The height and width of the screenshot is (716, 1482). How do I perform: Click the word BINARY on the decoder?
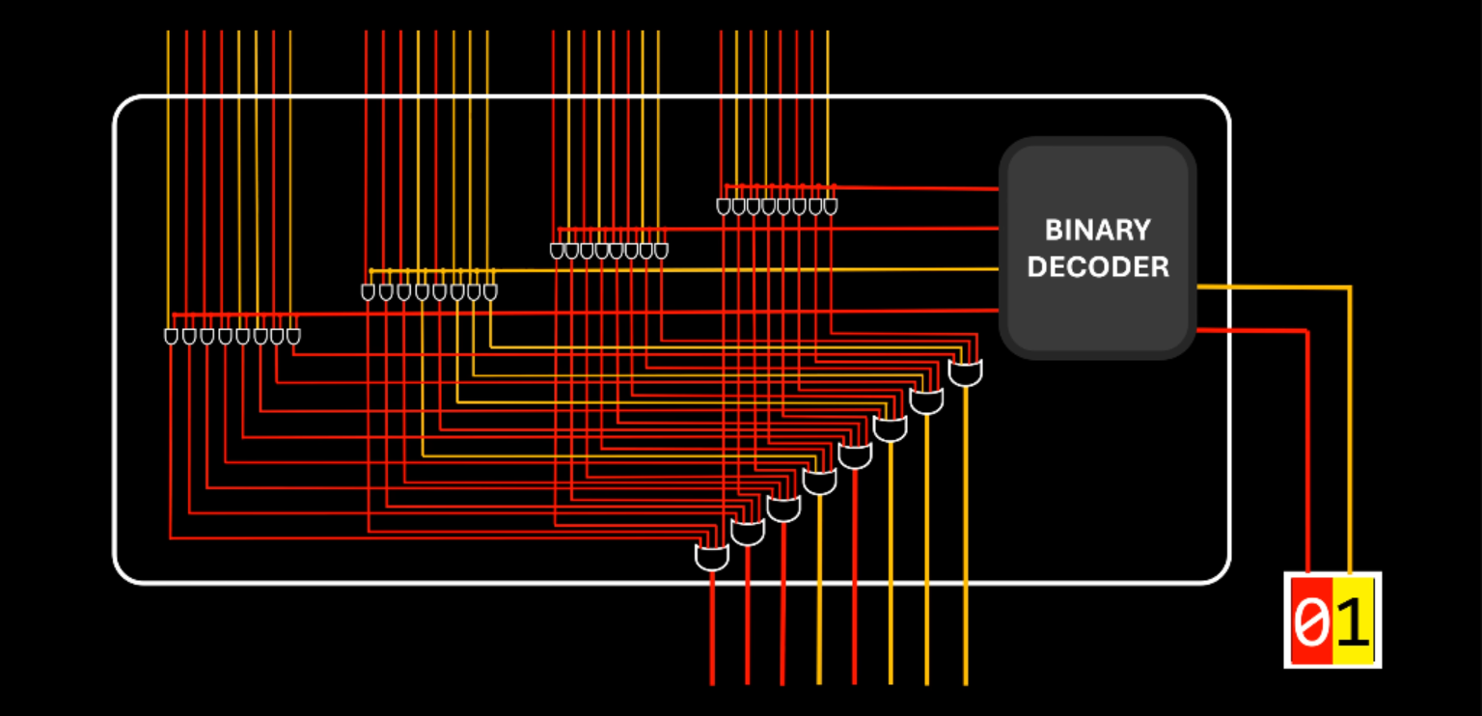[1097, 230]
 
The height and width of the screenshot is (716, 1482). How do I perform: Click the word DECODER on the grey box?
[1097, 266]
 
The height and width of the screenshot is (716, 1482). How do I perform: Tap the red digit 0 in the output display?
[1309, 622]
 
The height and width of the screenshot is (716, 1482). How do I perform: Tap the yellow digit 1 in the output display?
[1353, 622]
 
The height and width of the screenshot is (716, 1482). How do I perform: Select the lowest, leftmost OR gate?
[712, 557]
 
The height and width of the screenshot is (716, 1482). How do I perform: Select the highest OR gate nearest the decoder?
[966, 372]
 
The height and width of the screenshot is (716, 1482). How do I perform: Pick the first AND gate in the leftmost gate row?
[171, 336]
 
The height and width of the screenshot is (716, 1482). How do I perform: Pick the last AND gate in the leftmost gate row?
[293, 336]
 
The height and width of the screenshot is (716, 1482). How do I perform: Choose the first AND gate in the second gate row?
[368, 291]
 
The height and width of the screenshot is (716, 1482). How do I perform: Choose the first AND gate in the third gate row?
[557, 251]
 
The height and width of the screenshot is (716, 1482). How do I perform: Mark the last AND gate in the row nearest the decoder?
[831, 207]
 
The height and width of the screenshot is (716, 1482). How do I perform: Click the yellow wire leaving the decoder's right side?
[1274, 287]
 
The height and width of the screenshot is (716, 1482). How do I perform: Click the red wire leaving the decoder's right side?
[1254, 331]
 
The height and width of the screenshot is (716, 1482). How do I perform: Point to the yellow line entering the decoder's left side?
[868, 270]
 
